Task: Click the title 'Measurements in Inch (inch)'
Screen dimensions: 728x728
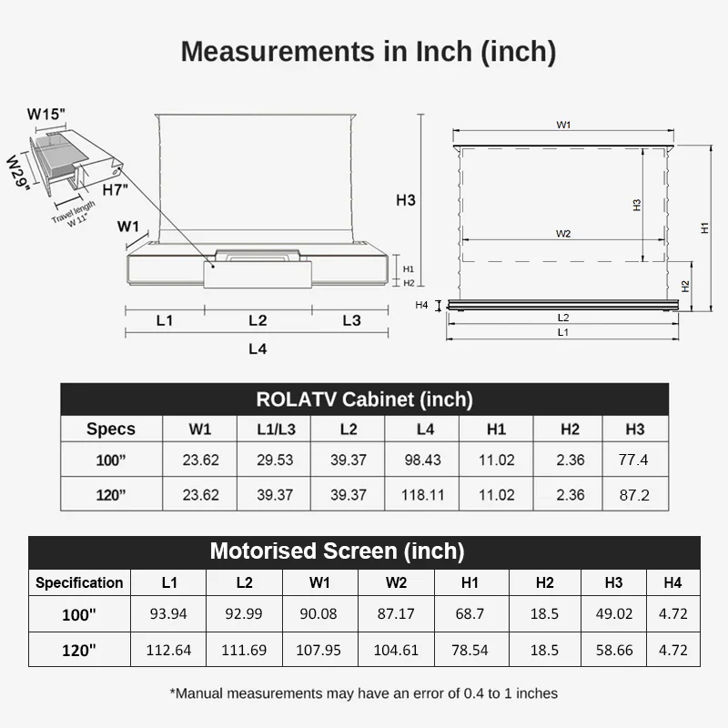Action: click(x=368, y=51)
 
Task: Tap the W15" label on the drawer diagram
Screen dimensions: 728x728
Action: click(x=46, y=115)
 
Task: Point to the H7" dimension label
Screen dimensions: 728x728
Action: click(x=116, y=190)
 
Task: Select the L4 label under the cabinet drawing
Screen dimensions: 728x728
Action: click(x=258, y=349)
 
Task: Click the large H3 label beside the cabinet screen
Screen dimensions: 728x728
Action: click(x=406, y=200)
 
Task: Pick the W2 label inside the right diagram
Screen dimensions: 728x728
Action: click(x=563, y=234)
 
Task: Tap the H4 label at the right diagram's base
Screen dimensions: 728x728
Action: click(x=422, y=305)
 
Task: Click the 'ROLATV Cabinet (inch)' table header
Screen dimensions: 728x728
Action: click(x=364, y=399)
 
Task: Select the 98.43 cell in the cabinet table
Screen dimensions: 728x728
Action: click(x=422, y=460)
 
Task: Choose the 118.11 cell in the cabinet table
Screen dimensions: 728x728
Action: click(x=422, y=495)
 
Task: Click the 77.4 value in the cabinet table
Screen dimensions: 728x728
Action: click(x=632, y=460)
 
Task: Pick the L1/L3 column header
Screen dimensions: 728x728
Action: click(x=274, y=429)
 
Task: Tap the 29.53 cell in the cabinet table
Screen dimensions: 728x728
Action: click(x=274, y=460)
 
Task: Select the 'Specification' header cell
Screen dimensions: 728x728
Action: click(x=79, y=582)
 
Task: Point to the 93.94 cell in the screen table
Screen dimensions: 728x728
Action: click(x=168, y=614)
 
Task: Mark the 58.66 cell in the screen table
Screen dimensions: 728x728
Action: click(x=613, y=651)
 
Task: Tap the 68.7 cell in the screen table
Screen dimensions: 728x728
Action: click(x=470, y=614)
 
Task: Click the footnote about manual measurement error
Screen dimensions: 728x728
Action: click(x=364, y=693)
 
